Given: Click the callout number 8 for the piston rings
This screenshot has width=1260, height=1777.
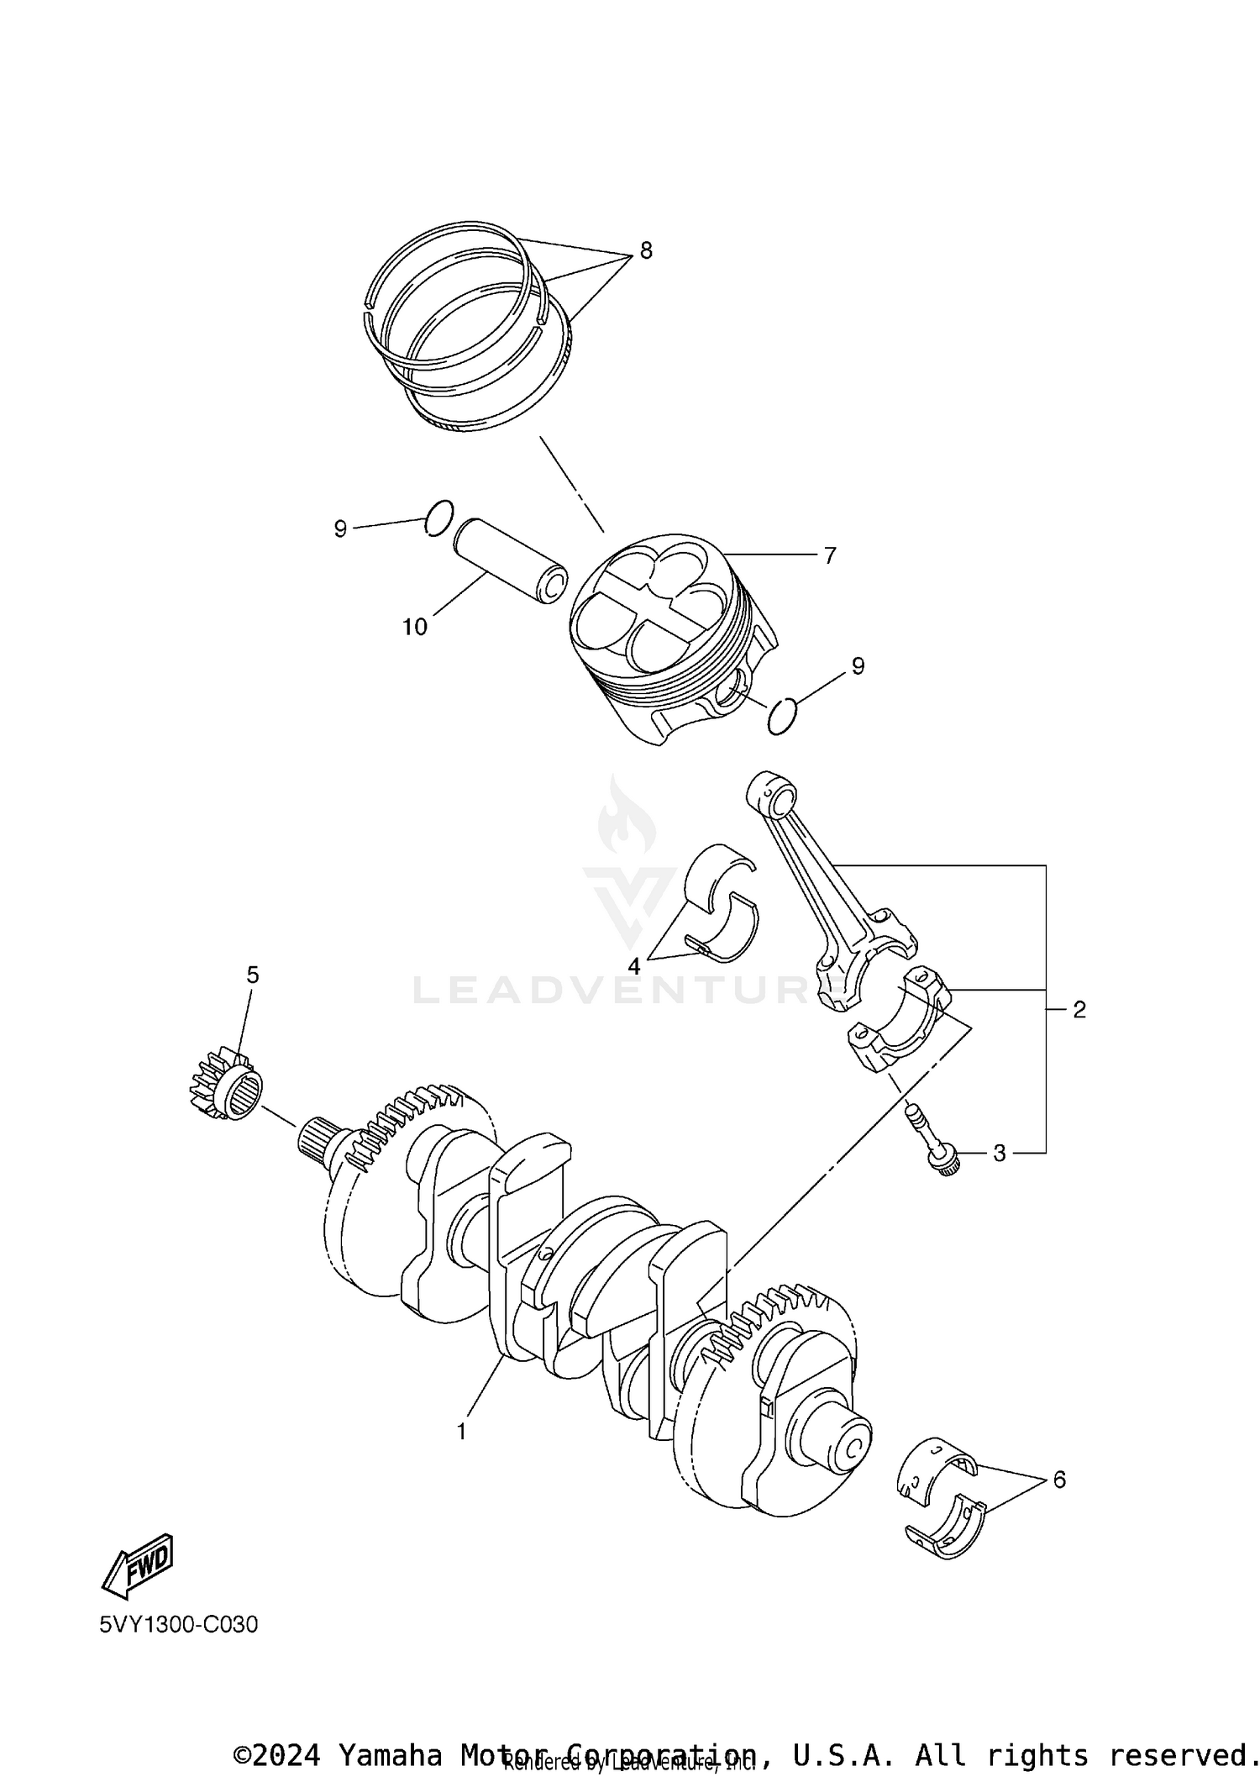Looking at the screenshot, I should click(x=645, y=250).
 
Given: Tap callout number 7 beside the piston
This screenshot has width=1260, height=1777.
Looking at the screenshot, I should click(x=829, y=555).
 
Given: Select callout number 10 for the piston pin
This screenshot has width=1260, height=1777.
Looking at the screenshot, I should click(x=415, y=627).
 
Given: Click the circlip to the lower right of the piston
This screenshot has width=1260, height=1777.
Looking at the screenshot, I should click(x=783, y=715).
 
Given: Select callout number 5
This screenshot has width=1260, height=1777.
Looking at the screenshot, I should click(x=252, y=975).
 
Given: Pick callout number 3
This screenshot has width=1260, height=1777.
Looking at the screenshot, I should click(x=999, y=1154).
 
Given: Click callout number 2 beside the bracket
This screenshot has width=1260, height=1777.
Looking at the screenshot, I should click(x=1079, y=1009).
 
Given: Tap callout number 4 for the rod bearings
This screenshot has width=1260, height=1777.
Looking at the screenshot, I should click(x=634, y=966).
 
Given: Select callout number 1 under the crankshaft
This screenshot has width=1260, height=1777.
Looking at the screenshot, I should click(x=461, y=1431).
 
